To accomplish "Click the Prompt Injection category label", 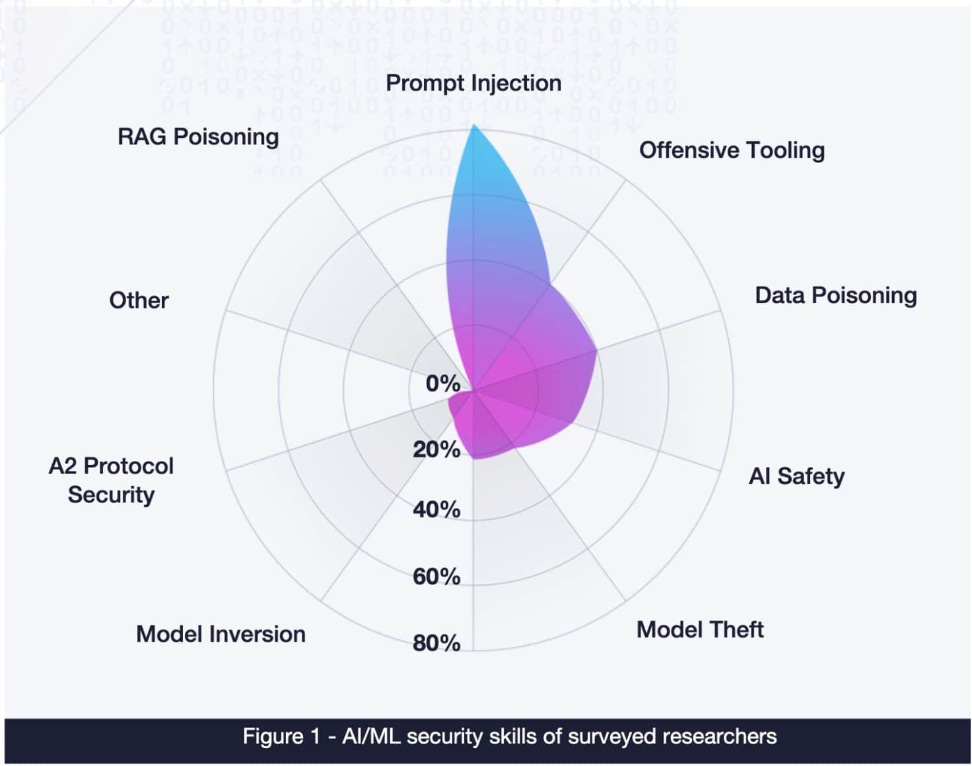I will [x=473, y=83].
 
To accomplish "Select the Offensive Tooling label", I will [x=732, y=150].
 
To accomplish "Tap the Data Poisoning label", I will [x=835, y=295].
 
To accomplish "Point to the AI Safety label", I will [x=796, y=476].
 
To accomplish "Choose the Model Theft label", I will [x=699, y=629].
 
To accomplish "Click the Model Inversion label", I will [x=221, y=634].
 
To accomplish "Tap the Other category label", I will [x=139, y=300].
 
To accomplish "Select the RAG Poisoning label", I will [x=198, y=137].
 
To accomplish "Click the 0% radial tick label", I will [x=442, y=383].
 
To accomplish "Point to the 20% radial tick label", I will [x=436, y=450].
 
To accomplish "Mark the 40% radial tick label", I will [x=436, y=510].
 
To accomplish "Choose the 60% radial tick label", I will [x=436, y=576].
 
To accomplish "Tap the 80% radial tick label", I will [x=436, y=643].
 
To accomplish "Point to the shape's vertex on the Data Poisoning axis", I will [x=596, y=350].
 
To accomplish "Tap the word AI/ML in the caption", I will [x=371, y=736].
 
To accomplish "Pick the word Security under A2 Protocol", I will [x=111, y=495].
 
